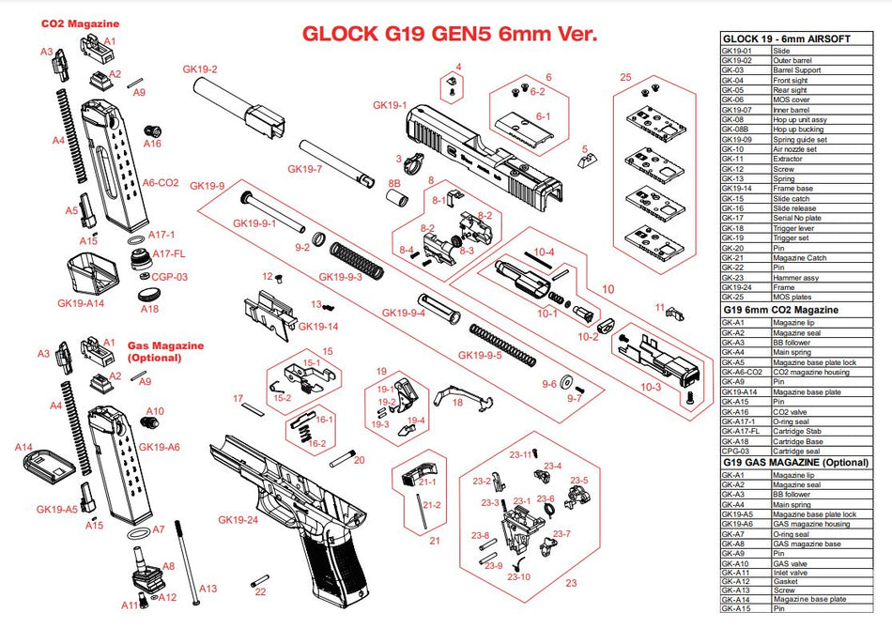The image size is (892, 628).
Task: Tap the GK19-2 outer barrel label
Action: [200, 69]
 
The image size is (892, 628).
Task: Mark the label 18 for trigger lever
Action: [457, 402]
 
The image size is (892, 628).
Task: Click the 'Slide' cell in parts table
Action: [781, 50]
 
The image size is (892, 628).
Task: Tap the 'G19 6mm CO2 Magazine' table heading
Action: [780, 309]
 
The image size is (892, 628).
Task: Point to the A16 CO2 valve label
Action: [152, 144]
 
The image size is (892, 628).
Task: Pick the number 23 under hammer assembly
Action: [570, 582]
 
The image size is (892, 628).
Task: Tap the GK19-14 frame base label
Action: [318, 326]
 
